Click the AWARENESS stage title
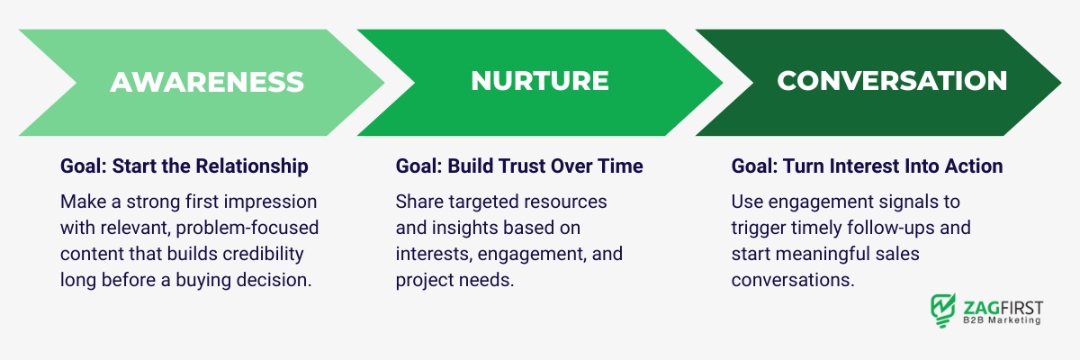pyautogui.click(x=206, y=81)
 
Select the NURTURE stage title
pyautogui.click(x=540, y=81)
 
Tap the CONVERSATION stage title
pyautogui.click(x=892, y=81)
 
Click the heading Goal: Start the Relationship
pyautogui.click(x=184, y=166)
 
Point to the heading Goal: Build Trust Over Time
pyautogui.click(x=519, y=166)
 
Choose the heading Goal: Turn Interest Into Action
pyautogui.click(x=867, y=166)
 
